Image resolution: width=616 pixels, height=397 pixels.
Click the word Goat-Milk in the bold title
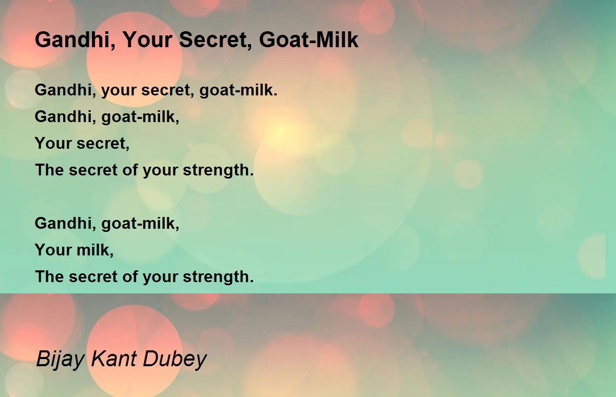coord(309,40)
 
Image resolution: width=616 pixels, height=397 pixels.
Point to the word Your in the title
coord(147,40)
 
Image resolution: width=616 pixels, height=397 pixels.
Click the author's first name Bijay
coord(60,359)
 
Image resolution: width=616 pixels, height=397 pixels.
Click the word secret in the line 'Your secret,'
coord(103,144)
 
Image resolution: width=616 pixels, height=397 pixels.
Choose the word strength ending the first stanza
coord(218,170)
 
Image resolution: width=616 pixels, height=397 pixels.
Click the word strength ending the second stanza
coord(218,276)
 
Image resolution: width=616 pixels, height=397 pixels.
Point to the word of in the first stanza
coord(130,170)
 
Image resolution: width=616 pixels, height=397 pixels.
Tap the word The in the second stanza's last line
coord(49,276)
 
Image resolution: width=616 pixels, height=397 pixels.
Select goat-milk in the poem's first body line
coord(238,90)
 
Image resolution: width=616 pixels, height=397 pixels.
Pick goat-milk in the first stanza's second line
coord(140,117)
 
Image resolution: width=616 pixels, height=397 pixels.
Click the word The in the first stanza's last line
coord(49,170)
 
